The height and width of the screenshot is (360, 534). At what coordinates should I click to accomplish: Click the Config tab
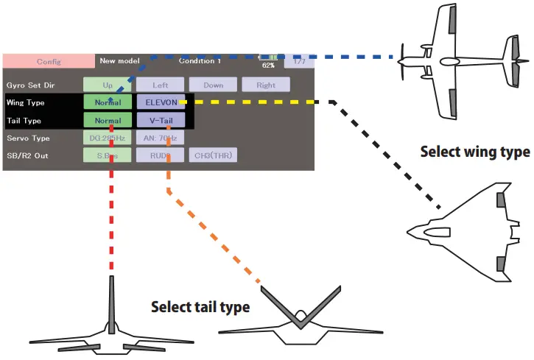49,61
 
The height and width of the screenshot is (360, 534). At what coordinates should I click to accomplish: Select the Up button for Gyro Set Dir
108,85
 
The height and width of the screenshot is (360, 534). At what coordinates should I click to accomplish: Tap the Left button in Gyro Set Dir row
160,85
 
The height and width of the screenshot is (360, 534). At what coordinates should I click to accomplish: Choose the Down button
213,85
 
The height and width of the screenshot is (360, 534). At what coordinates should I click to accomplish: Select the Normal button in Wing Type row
108,103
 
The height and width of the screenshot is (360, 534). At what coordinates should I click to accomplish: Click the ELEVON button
160,103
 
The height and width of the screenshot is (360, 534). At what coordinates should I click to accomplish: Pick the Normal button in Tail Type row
108,121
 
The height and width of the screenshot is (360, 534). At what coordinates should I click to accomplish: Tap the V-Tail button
160,121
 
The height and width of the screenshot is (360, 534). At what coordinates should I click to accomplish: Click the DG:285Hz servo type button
108,138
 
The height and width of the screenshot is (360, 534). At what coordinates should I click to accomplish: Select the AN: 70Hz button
160,138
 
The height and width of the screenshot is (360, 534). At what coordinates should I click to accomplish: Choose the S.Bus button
108,155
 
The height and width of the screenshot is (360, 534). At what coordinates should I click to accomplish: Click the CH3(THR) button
213,155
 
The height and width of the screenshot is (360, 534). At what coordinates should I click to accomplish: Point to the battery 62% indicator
268,60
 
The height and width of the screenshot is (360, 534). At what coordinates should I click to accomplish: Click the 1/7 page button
299,61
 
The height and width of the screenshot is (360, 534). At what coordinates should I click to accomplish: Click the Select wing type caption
474,152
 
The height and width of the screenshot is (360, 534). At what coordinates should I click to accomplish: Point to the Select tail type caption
200,307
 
